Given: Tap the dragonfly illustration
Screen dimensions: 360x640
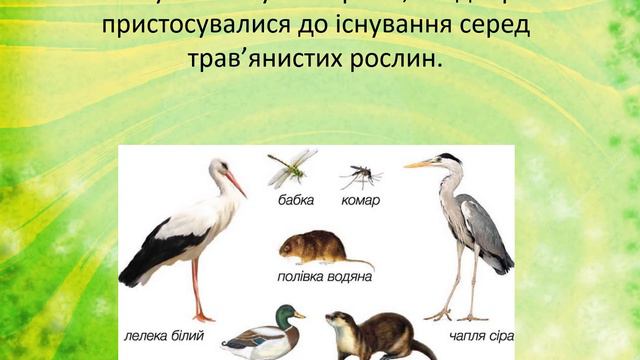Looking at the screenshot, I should (291, 166).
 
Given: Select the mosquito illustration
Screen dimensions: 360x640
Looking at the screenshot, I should (360, 177).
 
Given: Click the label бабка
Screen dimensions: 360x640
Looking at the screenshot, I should (296, 200).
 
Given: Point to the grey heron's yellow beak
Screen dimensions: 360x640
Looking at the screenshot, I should (418, 163).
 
